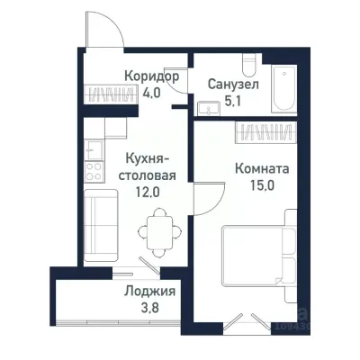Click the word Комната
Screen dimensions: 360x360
260,167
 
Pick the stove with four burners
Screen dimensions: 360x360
92,166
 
